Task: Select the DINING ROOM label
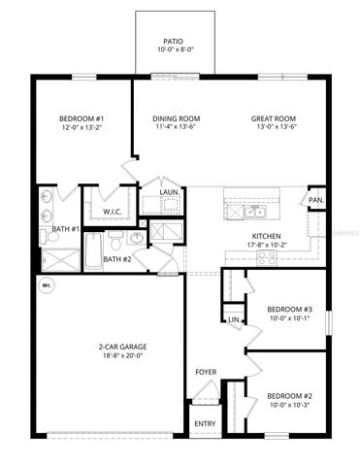pos(176,118)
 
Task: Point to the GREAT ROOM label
pos(275,118)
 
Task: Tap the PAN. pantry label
pos(315,201)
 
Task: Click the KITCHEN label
pos(267,236)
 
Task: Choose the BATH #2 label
pos(117,259)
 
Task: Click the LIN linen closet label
pos(233,319)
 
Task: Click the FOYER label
pos(206,372)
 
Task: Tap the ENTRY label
pos(205,424)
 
